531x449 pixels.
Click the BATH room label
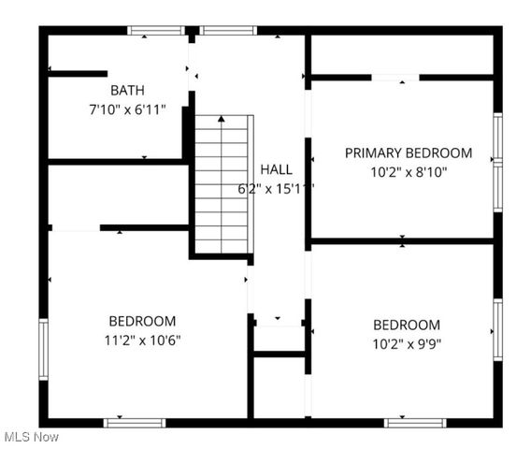[x=127, y=91]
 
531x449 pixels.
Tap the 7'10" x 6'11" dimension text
[x=127, y=109]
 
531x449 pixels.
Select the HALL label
[x=276, y=169]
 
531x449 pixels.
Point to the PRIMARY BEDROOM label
[x=409, y=152]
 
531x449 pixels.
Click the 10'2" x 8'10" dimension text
[x=409, y=171]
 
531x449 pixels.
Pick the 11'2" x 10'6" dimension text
[x=141, y=340]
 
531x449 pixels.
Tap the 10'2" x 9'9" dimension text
[x=407, y=343]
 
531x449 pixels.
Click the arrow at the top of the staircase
[x=222, y=120]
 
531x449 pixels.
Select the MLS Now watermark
[x=31, y=437]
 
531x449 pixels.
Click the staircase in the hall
[x=222, y=183]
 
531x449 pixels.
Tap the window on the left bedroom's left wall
[x=43, y=349]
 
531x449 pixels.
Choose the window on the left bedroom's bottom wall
[x=135, y=423]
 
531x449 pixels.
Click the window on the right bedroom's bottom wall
[x=414, y=423]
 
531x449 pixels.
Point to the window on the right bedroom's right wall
[x=497, y=329]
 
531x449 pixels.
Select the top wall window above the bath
[x=156, y=31]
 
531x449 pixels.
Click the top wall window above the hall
[x=228, y=31]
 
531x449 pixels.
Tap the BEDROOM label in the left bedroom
[x=141, y=321]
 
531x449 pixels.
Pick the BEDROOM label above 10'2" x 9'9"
[x=407, y=325]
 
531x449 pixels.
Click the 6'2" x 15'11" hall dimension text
[x=276, y=188]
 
